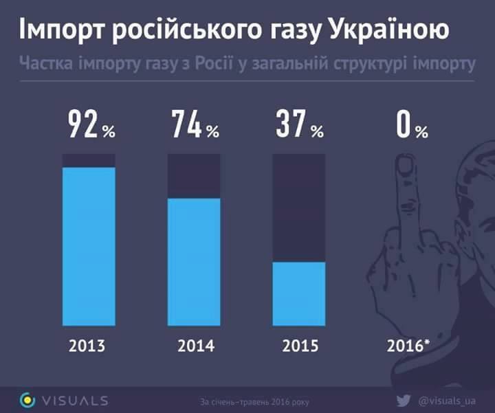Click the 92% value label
[x=91, y=126]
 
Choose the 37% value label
[x=299, y=126]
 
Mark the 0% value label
[x=411, y=126]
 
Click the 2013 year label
[x=89, y=344]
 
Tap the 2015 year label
[x=300, y=344]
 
